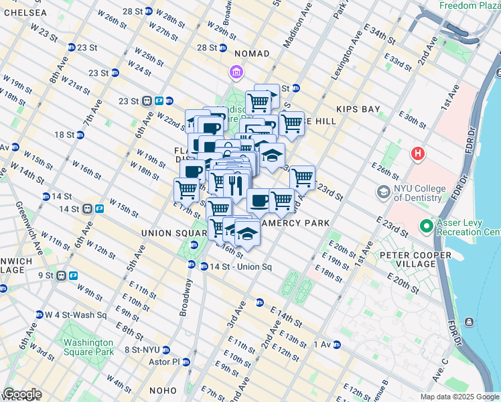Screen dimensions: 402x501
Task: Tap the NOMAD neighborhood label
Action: (251, 54)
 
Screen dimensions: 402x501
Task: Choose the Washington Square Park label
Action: (88, 346)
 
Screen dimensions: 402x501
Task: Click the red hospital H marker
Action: (419, 154)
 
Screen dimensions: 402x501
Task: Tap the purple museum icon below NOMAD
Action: (235, 72)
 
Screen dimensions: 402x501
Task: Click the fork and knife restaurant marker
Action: (235, 185)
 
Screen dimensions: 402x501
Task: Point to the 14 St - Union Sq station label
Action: (240, 267)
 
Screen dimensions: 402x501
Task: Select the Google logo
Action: (22, 394)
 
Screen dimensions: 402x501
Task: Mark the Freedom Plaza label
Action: (469, 5)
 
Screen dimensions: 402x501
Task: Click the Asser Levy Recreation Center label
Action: (467, 227)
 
